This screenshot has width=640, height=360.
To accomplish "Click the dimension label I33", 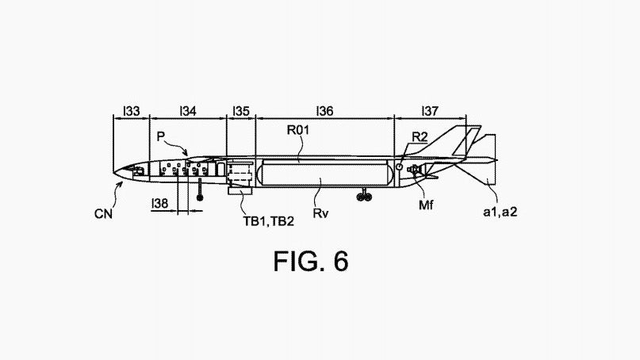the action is (132, 111).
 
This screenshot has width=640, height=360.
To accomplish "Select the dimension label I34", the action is (188, 111).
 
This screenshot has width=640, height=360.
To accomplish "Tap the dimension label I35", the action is (241, 111).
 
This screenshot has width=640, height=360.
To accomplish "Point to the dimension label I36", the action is (325, 111).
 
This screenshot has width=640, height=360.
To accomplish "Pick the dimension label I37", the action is (430, 111).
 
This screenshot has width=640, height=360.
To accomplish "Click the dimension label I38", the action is (159, 203).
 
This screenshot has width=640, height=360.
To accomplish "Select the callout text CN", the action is (103, 214).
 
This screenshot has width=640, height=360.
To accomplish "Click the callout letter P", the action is (161, 136).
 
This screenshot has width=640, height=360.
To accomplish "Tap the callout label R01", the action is (298, 130).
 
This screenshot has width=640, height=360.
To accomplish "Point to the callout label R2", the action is (420, 137).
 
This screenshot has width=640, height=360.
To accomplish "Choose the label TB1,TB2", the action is (269, 221).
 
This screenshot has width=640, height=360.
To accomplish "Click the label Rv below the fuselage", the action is (321, 213).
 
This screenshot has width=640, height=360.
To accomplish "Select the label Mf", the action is (426, 205).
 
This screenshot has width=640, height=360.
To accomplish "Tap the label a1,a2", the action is (500, 212).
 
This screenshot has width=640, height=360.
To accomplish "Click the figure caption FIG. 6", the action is (311, 261).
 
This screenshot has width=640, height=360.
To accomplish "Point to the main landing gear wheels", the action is (364, 197).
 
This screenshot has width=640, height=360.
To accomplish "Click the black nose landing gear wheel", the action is (200, 197).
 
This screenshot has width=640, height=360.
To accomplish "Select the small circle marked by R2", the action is (399, 167).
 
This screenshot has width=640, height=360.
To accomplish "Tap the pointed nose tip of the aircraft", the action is (113, 173).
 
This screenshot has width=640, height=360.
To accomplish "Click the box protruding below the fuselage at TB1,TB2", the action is (240, 191).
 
